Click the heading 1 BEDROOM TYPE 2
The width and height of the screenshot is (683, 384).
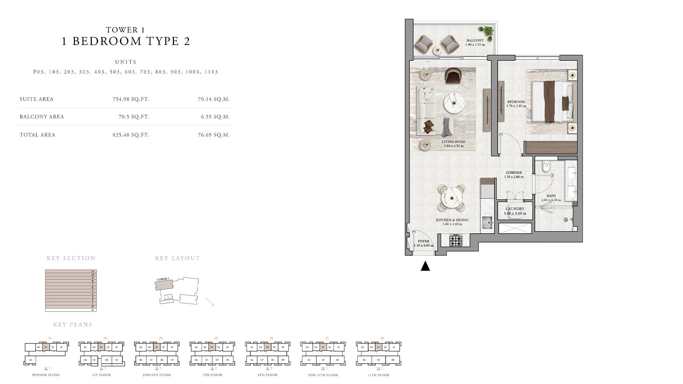(126, 41)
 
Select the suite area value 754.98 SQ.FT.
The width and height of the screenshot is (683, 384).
(131, 99)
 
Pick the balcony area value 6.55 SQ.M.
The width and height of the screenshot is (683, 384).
(215, 117)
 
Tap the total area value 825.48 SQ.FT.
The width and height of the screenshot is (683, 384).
(131, 135)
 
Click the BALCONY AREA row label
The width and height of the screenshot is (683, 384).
(42, 117)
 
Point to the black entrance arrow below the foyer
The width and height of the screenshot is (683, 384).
(425, 266)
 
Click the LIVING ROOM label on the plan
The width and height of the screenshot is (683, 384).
(453, 142)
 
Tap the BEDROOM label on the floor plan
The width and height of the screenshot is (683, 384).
(516, 102)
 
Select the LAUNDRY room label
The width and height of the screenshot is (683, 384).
(515, 209)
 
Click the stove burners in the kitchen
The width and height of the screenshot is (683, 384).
(455, 241)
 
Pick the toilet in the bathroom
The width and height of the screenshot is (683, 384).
(546, 166)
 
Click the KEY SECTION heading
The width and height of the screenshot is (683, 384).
(71, 258)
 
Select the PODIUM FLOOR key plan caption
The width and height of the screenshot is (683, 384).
(46, 375)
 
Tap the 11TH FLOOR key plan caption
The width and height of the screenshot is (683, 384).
(378, 375)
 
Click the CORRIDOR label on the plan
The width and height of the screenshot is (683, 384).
(514, 173)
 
